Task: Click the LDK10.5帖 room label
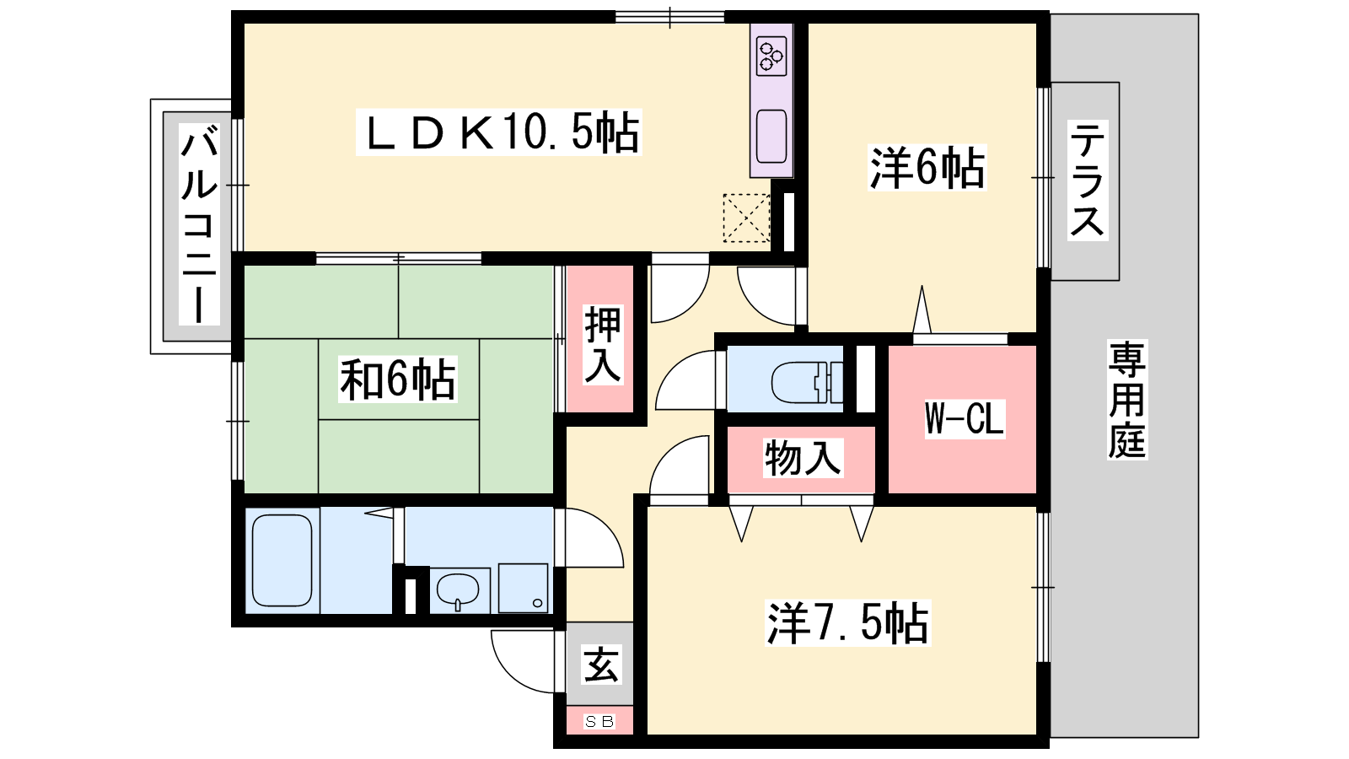click(x=498, y=132)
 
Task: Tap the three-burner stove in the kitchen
click(x=771, y=57)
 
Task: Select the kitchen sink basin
click(x=771, y=137)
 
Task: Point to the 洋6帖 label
click(x=927, y=168)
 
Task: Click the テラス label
click(x=1088, y=180)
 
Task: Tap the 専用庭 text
click(x=1126, y=400)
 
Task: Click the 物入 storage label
click(x=802, y=459)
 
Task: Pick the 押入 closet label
click(x=602, y=345)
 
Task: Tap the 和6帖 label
click(x=397, y=379)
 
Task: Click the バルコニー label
click(x=199, y=224)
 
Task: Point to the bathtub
click(x=282, y=560)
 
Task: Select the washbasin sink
click(x=459, y=589)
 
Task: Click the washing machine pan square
click(x=523, y=588)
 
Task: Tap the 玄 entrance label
click(x=601, y=665)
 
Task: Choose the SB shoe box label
click(x=599, y=721)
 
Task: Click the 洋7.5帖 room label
click(x=848, y=623)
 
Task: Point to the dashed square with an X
click(x=746, y=218)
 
